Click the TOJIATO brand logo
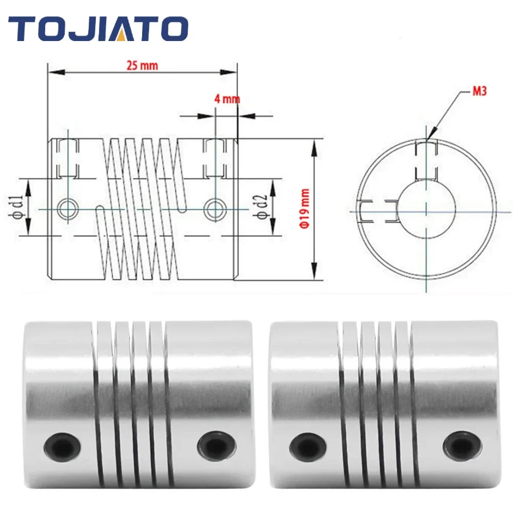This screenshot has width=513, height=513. [x=98, y=28]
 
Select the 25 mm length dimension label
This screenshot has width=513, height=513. [x=142, y=66]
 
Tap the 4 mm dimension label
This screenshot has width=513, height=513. [x=227, y=99]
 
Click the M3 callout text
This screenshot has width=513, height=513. [x=479, y=91]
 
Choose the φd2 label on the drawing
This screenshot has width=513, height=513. [x=262, y=206]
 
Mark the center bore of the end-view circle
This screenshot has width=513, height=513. [x=426, y=209]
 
